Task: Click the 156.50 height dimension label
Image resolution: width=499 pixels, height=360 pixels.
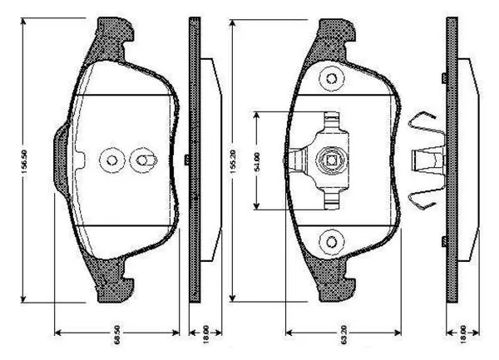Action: (24, 162)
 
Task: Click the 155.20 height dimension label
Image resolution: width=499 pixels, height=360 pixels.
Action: (233, 162)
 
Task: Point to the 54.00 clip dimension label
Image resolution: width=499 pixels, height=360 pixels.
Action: (257, 162)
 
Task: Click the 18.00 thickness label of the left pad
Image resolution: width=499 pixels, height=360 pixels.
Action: (205, 334)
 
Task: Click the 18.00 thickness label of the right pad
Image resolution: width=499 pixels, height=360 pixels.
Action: (463, 334)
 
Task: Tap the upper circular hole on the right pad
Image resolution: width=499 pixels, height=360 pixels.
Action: (332, 78)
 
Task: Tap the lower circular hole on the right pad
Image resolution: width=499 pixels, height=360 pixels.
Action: (332, 242)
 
